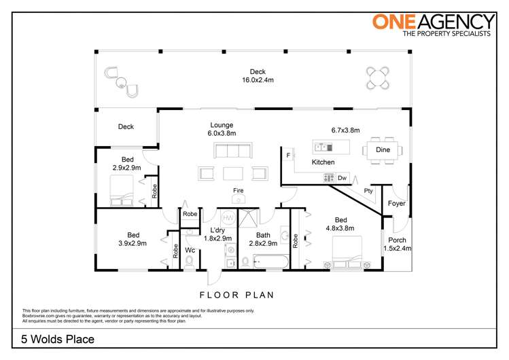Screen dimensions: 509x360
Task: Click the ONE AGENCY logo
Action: pos(434,25)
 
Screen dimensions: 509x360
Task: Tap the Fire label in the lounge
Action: pos(239,190)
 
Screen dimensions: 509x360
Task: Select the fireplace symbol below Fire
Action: pos(239,199)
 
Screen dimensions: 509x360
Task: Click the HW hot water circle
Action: pos(228,218)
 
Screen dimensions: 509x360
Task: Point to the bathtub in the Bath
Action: pos(270,262)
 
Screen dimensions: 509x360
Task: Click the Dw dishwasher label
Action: pos(342,178)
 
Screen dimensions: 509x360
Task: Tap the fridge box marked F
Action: pos(288,156)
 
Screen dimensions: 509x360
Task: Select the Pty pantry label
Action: pos(368,191)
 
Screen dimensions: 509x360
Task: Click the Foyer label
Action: pos(397,203)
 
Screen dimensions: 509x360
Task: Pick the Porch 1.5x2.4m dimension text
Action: pos(398,249)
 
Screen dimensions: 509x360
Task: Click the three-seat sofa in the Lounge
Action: pos(232,150)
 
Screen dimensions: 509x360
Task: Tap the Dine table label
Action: pos(383,149)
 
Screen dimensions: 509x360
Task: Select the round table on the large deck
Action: pos(378,78)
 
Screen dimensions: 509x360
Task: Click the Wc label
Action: pos(190,250)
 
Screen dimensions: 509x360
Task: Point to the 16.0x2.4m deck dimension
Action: pos(258,79)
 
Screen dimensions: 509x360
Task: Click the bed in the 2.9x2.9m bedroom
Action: pos(122,190)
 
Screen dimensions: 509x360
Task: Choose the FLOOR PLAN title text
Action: pos(236,295)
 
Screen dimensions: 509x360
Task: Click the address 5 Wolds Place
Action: pos(58,339)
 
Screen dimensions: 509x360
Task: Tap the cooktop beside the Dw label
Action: pos(329,178)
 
